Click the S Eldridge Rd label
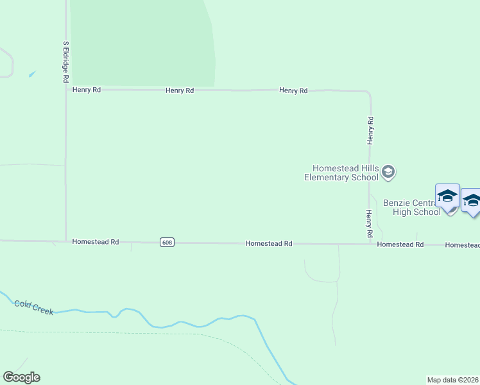coord(65,62)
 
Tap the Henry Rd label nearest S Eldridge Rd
coord(87,90)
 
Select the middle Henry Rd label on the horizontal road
coord(180,91)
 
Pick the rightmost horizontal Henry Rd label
coord(293,91)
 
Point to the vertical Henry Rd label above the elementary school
coord(370,129)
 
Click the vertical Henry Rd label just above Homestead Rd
coord(370,224)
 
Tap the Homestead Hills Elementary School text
coord(341,173)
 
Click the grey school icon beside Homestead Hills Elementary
coord(388,172)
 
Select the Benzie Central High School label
coord(411,207)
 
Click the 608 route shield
coord(167,242)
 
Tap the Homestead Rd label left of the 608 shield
coord(96,242)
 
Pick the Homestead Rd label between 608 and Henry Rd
coord(269,244)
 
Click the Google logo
coord(21,377)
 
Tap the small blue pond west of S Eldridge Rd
coord(31,74)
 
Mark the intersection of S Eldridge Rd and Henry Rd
coord(66,90)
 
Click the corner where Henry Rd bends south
coord(369,93)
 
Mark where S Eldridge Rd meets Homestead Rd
coord(65,241)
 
